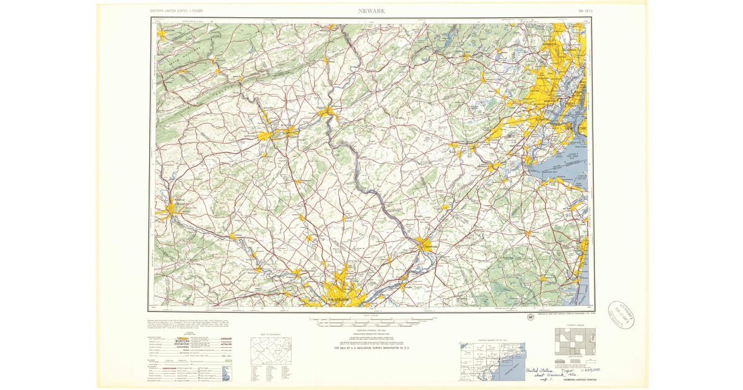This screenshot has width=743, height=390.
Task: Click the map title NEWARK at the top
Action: pos(371,11)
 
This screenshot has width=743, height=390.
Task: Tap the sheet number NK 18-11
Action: pos(585,11)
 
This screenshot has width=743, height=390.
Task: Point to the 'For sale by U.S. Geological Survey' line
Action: pos(371,349)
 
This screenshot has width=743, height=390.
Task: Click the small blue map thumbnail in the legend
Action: pos(226,373)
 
